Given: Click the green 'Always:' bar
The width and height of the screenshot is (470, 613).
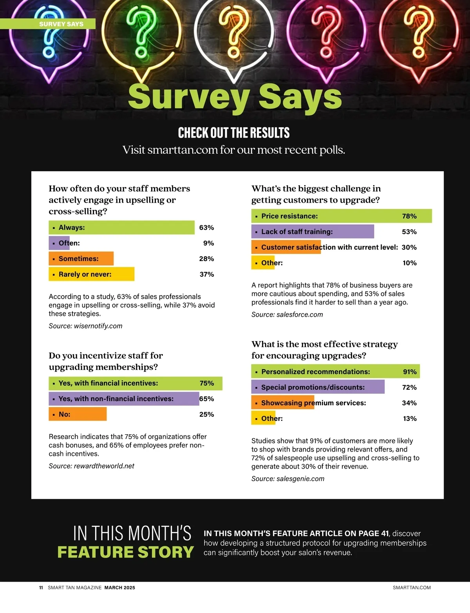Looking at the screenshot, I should pyautogui.click(x=121, y=227).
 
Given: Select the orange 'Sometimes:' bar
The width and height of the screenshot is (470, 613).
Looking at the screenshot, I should pyautogui.click(x=81, y=259).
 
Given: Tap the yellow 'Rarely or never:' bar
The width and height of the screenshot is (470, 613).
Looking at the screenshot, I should pyautogui.click(x=91, y=274).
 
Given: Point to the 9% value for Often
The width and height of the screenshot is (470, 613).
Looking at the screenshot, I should pyautogui.click(x=208, y=243).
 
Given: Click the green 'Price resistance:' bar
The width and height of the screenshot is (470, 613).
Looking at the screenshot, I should pyautogui.click(x=342, y=216).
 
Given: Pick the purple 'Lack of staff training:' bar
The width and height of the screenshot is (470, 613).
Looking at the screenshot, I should pyautogui.click(x=313, y=232).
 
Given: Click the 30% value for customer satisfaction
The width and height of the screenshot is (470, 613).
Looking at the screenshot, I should pyautogui.click(x=409, y=247).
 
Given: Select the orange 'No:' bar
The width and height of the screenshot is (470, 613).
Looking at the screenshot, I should pyautogui.click(x=78, y=414).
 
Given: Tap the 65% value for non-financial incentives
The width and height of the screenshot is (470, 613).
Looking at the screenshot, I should pyautogui.click(x=206, y=399).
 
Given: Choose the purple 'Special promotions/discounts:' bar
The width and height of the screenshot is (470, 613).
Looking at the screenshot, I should pyautogui.click(x=318, y=387).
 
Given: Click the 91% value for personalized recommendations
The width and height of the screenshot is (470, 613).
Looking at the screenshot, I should pyautogui.click(x=410, y=372).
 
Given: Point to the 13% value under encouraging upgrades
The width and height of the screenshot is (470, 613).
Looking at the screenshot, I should pyautogui.click(x=410, y=419).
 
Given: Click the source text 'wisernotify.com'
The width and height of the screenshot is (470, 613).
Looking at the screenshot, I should pyautogui.click(x=98, y=326).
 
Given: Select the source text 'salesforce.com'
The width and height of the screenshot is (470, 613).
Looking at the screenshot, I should pyautogui.click(x=300, y=315).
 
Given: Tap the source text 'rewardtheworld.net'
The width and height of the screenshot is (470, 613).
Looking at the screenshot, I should pyautogui.click(x=104, y=466).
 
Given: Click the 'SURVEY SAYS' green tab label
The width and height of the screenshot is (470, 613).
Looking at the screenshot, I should pyautogui.click(x=61, y=24).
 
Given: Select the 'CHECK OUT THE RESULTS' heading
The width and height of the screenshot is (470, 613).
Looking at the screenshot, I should pyautogui.click(x=234, y=133).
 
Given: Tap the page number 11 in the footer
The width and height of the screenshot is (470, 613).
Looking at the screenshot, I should pyautogui.click(x=41, y=588).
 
